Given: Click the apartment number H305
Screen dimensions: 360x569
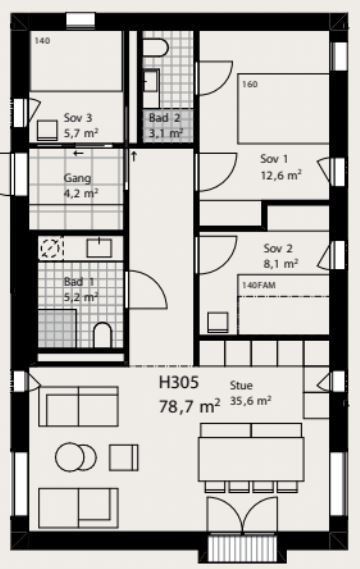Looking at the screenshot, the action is [179, 382].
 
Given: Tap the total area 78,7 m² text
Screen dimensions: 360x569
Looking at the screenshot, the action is [189, 406].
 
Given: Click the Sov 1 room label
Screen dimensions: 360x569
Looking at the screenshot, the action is [274, 159].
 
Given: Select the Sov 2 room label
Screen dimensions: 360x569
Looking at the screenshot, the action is [278, 249].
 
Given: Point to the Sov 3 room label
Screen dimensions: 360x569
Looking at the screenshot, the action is [78, 118].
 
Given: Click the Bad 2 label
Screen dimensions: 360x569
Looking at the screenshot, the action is [164, 118].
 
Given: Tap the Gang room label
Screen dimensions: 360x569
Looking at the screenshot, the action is [77, 179].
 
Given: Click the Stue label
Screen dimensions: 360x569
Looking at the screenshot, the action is [241, 385].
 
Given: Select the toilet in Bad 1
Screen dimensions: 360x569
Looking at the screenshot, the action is [102, 335].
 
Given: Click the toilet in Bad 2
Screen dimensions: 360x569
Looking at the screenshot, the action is [156, 48].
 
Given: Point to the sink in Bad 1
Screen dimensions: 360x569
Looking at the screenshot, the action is [99, 248].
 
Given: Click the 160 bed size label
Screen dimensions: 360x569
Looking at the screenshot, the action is [250, 84].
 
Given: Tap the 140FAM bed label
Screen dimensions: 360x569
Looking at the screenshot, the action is [259, 285].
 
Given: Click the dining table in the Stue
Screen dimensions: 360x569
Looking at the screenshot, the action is [251, 459].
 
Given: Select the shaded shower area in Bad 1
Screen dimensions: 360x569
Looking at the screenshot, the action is [57, 328].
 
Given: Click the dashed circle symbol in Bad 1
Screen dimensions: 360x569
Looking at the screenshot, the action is [50, 248].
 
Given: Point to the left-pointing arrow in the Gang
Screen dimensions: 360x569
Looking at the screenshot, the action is [78, 153].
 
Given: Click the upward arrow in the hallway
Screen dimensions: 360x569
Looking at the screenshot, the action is [134, 156].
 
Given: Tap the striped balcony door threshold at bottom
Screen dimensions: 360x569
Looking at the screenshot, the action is [243, 547].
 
